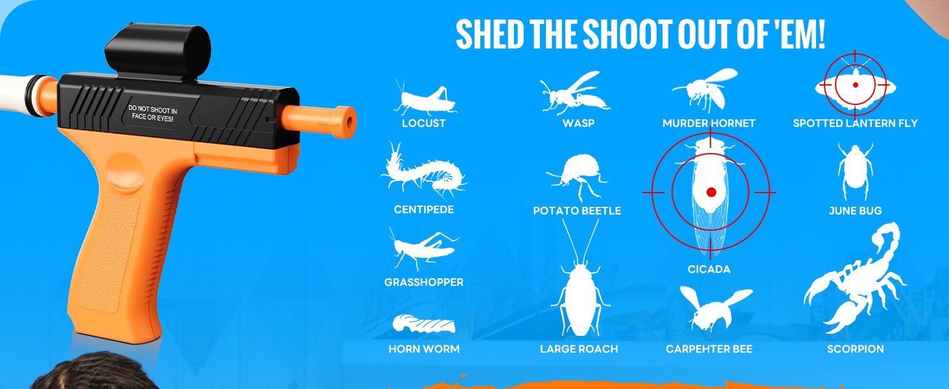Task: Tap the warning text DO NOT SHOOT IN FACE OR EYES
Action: point(152,113)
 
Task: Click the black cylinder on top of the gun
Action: point(158,52)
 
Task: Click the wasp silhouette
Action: point(575,93)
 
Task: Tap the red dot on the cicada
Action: point(711,193)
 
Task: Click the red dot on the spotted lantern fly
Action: point(856,85)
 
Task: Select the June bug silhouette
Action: point(855,171)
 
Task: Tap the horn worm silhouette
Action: point(424,324)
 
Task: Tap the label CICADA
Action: point(709,269)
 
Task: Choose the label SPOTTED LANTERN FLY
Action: point(856,123)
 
